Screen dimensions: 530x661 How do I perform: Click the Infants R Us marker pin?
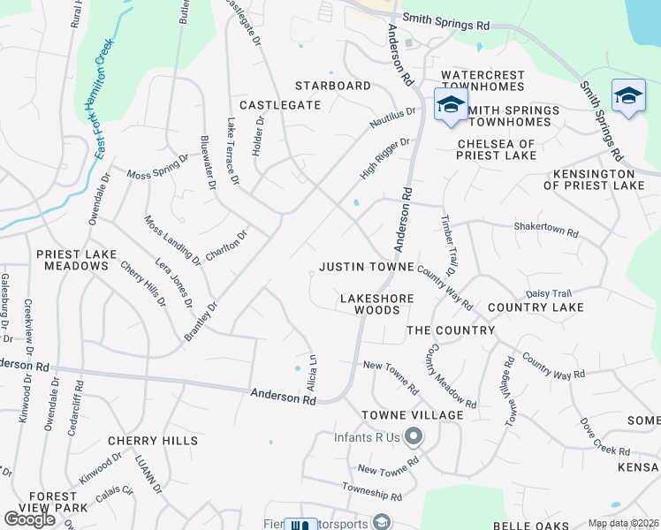point(415,436)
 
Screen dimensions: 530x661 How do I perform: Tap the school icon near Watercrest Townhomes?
point(451,104)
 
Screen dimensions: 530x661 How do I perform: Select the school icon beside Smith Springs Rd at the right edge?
point(628,95)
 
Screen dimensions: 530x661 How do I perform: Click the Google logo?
point(30,519)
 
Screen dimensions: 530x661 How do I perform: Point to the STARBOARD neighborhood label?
point(333,86)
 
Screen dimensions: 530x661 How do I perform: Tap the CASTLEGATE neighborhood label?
point(280,105)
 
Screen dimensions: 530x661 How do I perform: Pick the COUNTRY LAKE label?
point(536,307)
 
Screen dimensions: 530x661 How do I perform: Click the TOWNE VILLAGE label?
point(412,415)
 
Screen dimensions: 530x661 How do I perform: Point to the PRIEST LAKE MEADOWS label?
point(76,260)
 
